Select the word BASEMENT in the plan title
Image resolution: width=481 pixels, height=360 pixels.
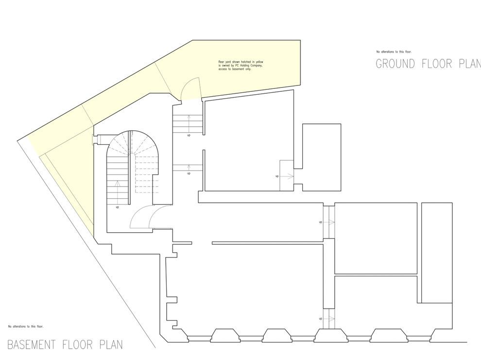[x=32, y=345]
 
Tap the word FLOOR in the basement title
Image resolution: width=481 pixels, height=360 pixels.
[x=79, y=345]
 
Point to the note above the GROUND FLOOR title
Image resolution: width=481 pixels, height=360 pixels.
[x=394, y=51]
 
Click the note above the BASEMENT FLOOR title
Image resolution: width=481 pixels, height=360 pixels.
[x=26, y=326]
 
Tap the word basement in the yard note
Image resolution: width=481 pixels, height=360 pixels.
[x=239, y=70]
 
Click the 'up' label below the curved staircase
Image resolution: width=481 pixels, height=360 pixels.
[x=117, y=207]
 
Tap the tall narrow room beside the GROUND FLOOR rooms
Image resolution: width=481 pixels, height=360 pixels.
[x=436, y=253]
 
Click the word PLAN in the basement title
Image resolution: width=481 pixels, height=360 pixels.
[x=111, y=345]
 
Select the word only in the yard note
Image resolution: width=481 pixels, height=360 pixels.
[x=249, y=70]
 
